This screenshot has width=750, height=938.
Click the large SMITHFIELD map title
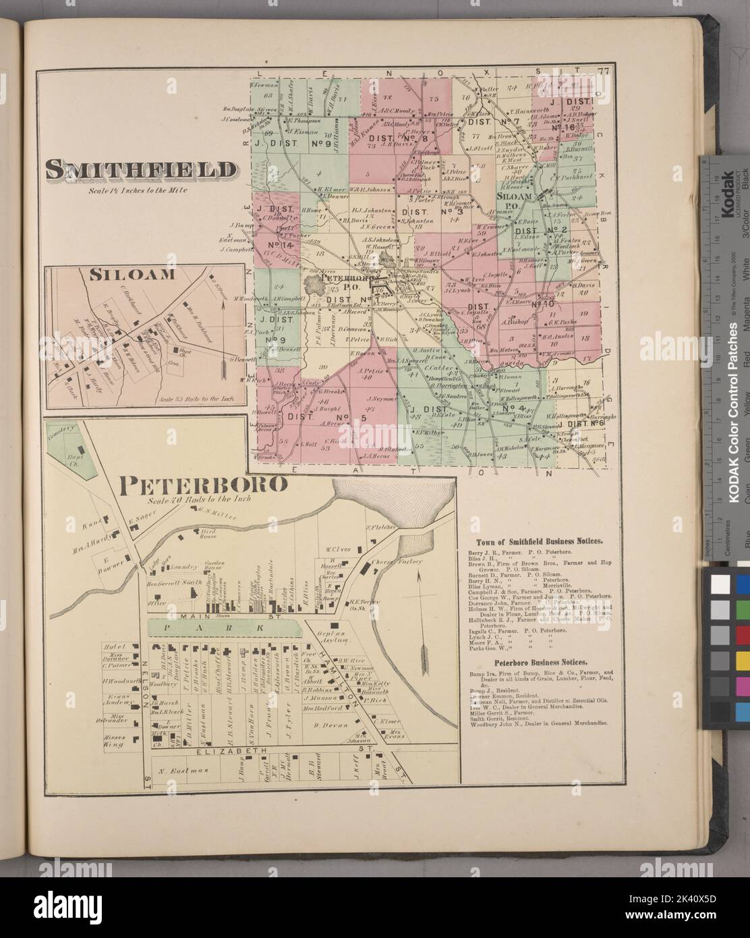point(142,171)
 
